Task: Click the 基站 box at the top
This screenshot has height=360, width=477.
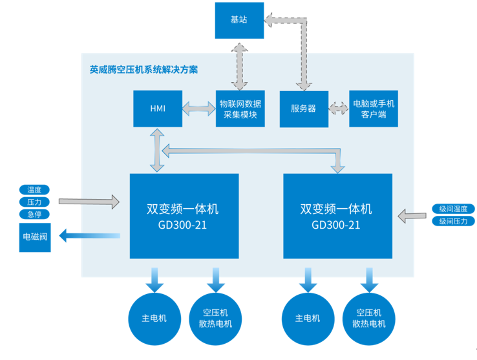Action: pyautogui.click(x=238, y=19)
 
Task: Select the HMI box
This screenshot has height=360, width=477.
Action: pyautogui.click(x=158, y=109)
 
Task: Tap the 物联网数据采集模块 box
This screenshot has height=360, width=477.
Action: pyautogui.click(x=240, y=109)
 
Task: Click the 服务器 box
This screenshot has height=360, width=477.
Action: pyautogui.click(x=304, y=109)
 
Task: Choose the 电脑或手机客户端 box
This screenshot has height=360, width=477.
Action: pyautogui.click(x=373, y=109)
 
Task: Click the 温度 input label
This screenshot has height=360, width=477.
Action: pyautogui.click(x=34, y=190)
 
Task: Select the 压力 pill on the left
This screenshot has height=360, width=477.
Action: pyautogui.click(x=34, y=202)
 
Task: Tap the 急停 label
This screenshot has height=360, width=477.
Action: pyautogui.click(x=34, y=215)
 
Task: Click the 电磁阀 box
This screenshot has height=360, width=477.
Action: pyautogui.click(x=35, y=237)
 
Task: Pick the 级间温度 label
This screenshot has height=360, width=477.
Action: pyautogui.click(x=453, y=209)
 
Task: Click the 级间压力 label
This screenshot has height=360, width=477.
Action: pyautogui.click(x=453, y=221)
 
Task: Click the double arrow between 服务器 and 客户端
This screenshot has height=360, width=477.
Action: pyautogui.click(x=337, y=109)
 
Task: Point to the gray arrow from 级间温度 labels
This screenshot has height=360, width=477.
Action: pyautogui.click(x=412, y=215)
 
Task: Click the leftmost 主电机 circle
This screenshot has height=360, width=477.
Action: pyautogui.click(x=154, y=318)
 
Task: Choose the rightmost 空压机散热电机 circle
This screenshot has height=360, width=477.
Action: pyautogui.click(x=369, y=318)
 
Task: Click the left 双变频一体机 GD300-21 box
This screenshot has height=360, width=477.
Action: pyautogui.click(x=184, y=216)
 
